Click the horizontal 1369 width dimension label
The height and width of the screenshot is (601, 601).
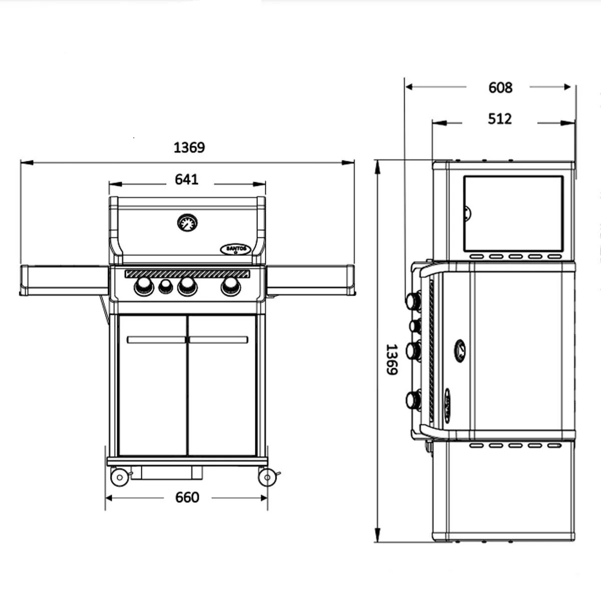(x=189, y=148)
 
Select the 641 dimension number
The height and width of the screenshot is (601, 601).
(x=186, y=179)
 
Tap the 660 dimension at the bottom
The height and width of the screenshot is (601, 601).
(x=187, y=497)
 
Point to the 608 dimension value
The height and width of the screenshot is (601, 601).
(x=500, y=88)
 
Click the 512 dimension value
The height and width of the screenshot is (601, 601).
(x=500, y=119)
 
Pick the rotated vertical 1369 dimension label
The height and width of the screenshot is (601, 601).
(x=392, y=359)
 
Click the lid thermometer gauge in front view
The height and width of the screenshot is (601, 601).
(x=187, y=223)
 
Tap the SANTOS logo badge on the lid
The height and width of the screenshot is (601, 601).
(x=235, y=249)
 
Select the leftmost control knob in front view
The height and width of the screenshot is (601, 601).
(x=144, y=286)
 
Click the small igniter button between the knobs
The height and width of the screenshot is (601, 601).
(x=166, y=286)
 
